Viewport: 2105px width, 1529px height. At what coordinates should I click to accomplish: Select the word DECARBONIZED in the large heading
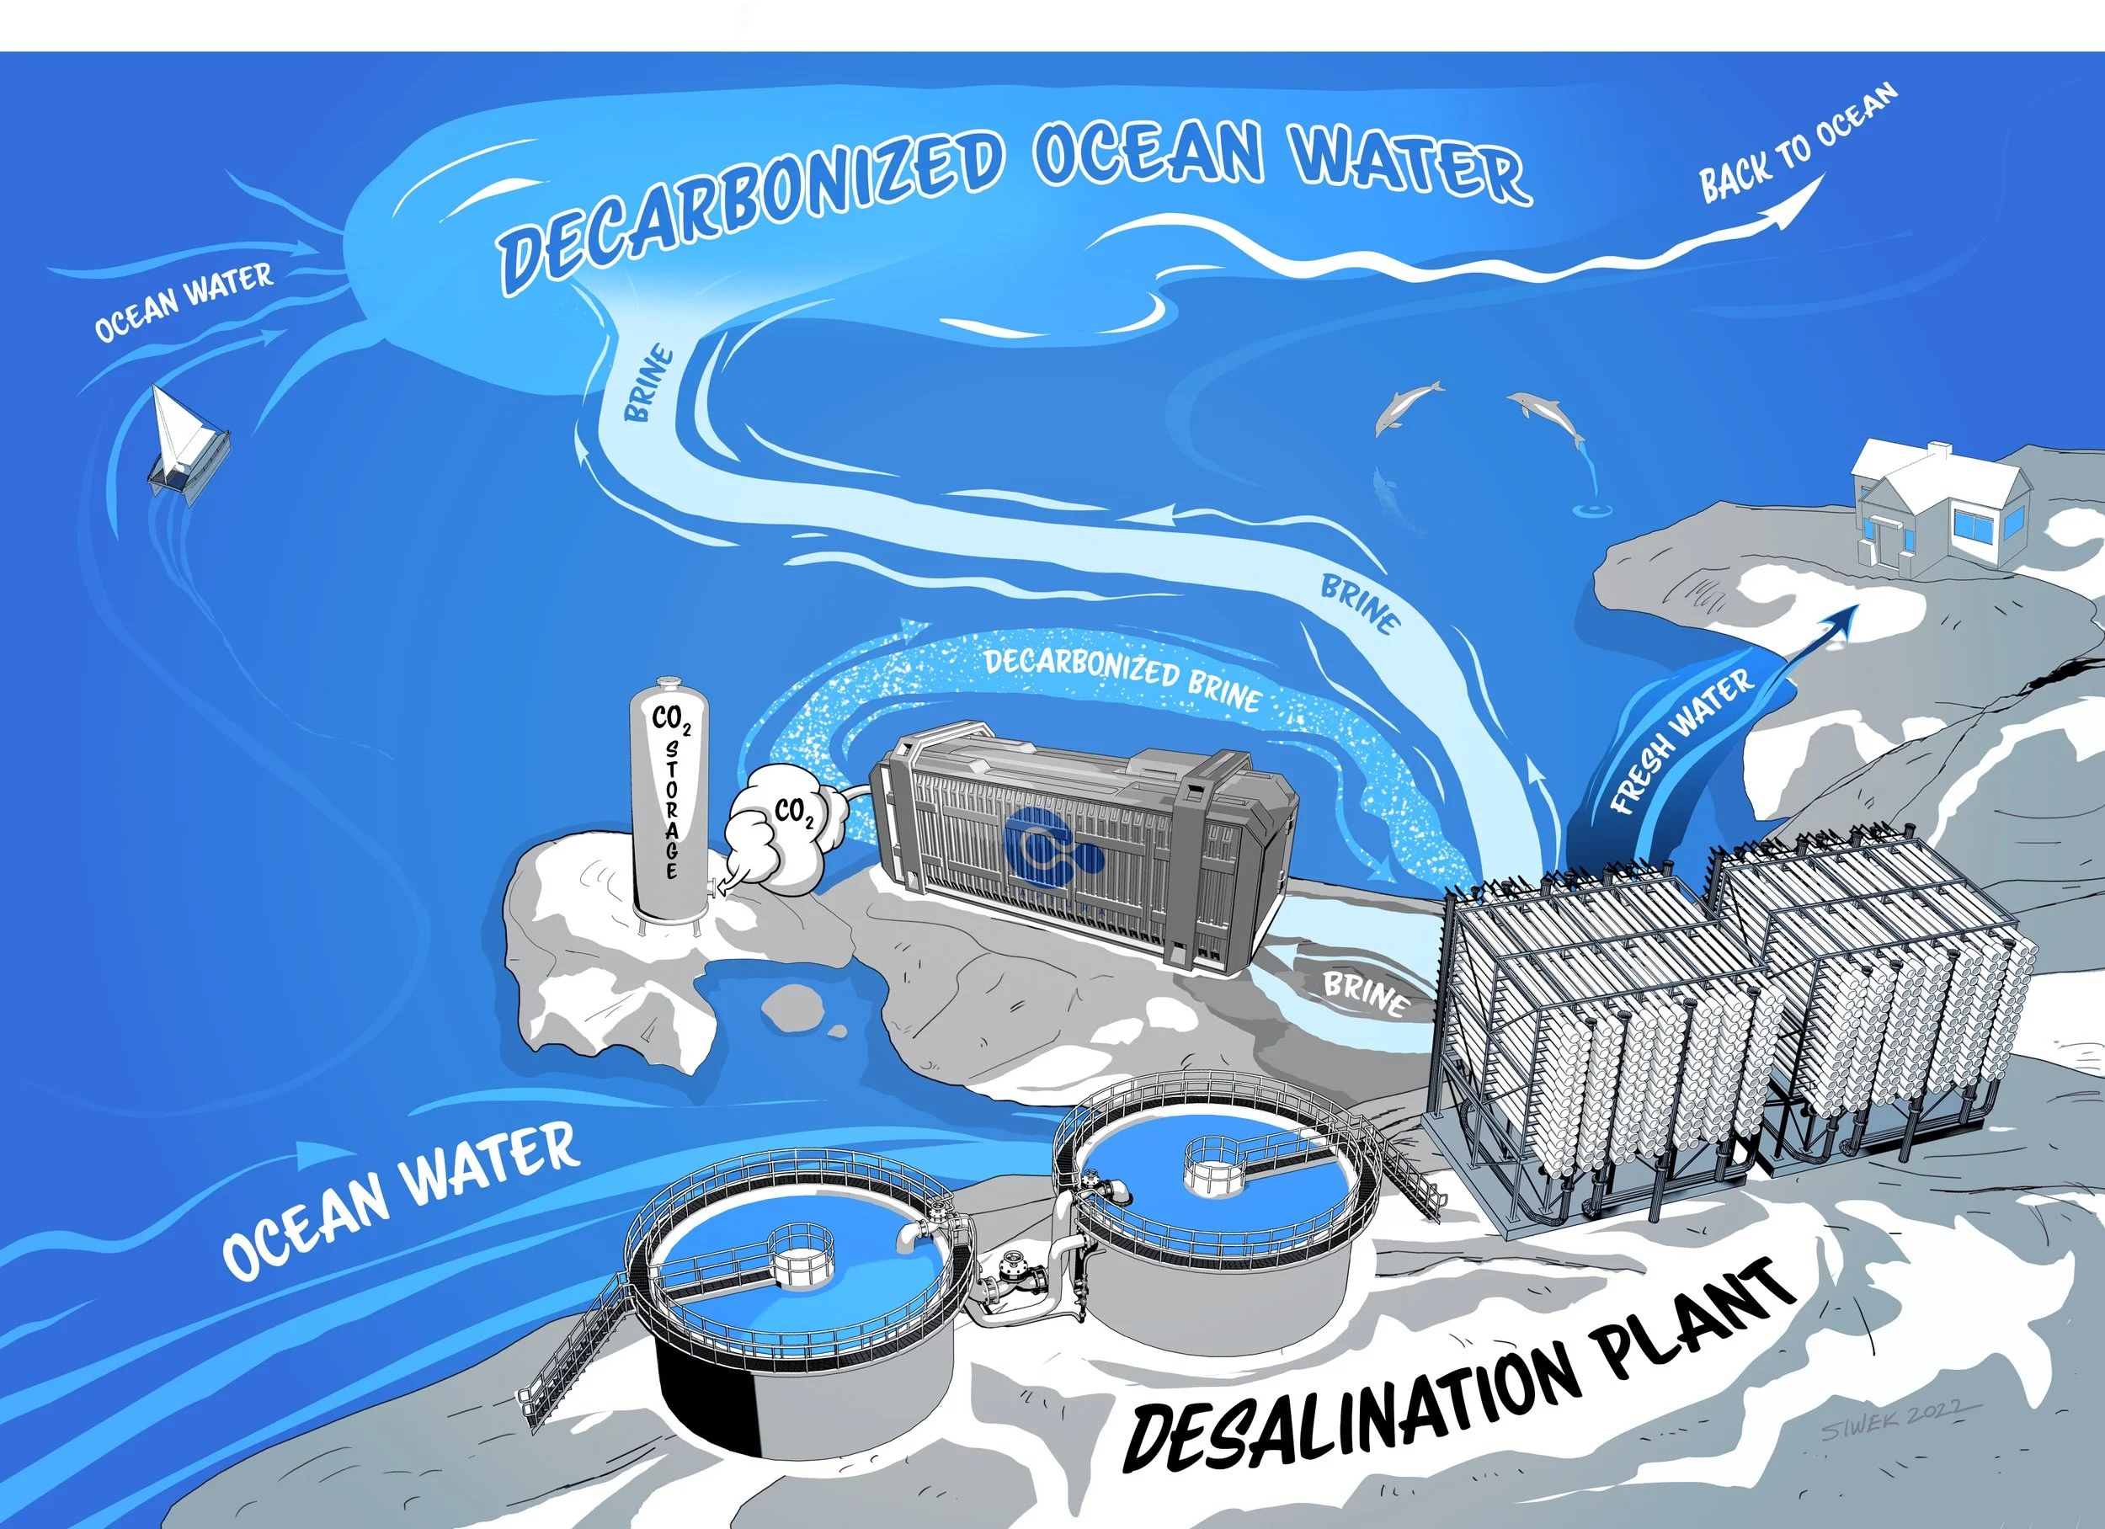[752, 209]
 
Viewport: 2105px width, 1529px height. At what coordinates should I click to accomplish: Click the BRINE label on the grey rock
[1365, 994]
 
